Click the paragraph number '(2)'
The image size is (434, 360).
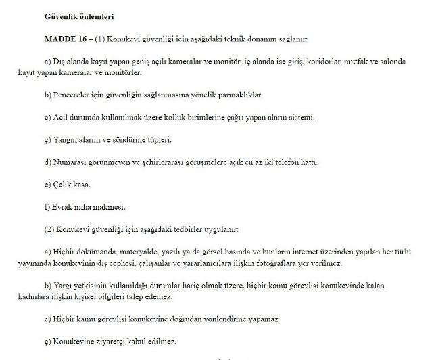49,229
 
